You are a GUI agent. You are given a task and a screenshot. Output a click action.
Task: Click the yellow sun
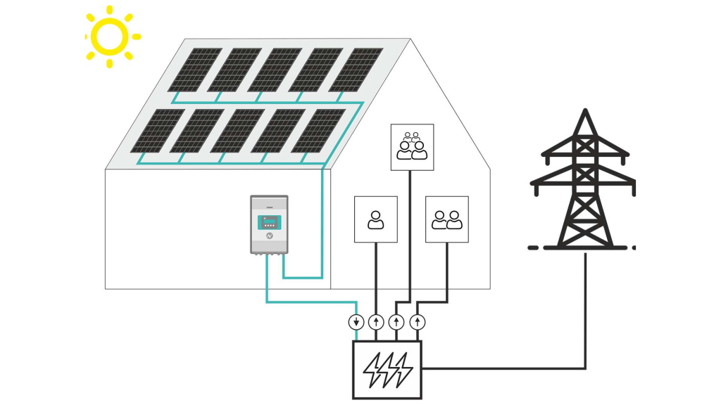click(x=109, y=36)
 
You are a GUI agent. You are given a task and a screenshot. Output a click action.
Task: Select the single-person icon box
click(x=375, y=219)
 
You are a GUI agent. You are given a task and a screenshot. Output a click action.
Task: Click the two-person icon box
click(x=447, y=219)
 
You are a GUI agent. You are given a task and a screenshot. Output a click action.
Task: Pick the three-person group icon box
click(x=412, y=147)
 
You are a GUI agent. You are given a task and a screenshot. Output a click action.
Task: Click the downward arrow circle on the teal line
click(x=357, y=323)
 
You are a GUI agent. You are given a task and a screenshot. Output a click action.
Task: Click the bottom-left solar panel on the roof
click(x=157, y=131)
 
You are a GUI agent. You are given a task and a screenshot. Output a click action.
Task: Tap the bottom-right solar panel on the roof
click(x=318, y=131)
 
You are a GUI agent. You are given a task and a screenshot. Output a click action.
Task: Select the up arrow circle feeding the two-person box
click(x=419, y=323)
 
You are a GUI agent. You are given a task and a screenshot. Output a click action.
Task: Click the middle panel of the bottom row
click(x=238, y=131)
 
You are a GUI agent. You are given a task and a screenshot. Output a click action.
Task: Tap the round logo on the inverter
click(x=268, y=238)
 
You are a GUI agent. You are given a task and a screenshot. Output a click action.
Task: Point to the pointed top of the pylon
click(x=584, y=112)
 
